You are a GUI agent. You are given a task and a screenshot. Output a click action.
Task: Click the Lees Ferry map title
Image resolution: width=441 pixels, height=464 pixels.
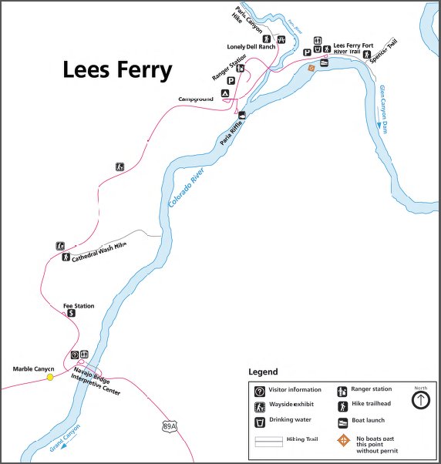click(x=117, y=70)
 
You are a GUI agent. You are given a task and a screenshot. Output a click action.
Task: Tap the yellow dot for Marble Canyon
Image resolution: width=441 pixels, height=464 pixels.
click(x=50, y=377)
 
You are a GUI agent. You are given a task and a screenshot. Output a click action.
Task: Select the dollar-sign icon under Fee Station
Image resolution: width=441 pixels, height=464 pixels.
click(x=72, y=314)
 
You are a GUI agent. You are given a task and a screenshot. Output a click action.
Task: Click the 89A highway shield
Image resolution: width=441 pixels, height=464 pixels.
click(x=170, y=425)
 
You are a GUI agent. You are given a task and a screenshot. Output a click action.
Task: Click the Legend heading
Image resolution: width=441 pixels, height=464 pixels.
click(x=263, y=372)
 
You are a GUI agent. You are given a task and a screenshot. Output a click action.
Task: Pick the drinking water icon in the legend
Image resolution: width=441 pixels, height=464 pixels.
click(x=260, y=422)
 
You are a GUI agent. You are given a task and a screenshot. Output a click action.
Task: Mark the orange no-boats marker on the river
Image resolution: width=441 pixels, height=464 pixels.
click(x=311, y=68)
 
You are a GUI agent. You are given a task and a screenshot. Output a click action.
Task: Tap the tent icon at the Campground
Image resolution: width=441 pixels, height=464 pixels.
click(x=225, y=93)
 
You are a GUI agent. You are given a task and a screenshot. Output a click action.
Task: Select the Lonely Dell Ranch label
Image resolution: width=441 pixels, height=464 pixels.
click(x=251, y=47)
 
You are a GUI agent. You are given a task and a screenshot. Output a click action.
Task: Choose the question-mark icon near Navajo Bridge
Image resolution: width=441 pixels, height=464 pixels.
click(x=75, y=355)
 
